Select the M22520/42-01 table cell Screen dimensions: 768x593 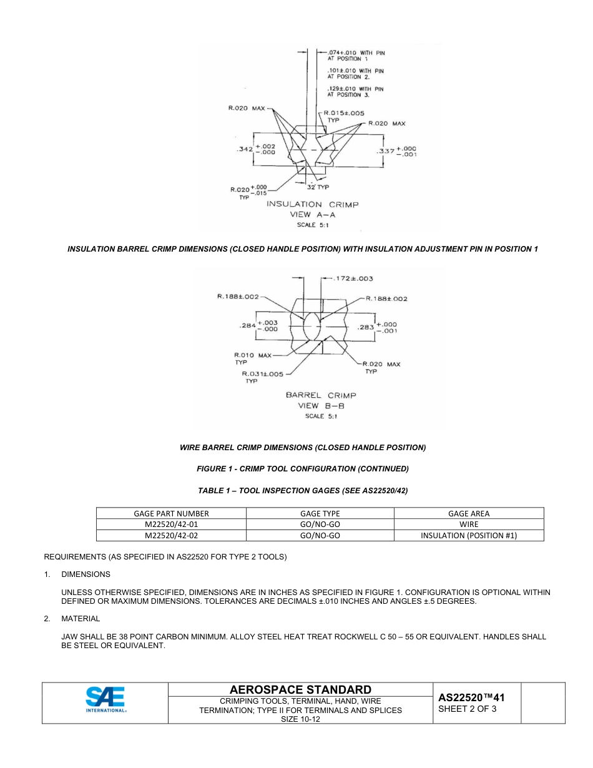pos(171,524)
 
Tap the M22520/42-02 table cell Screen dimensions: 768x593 pos(171,535)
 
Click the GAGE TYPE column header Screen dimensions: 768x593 pos(320,513)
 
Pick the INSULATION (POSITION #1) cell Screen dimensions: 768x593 pos(468,535)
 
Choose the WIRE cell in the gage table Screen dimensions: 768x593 pos(468,524)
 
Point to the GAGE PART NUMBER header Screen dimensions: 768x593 pos(171,513)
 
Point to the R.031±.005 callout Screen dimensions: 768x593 pos(262,374)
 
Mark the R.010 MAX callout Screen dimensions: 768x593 pos(252,355)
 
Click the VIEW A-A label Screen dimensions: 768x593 pos(312,215)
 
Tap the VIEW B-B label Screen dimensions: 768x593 pos(321,406)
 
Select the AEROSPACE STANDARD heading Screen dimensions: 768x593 pos(300,689)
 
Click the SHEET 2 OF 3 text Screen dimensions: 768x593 pos(468,709)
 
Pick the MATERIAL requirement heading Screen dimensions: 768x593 pos(80,619)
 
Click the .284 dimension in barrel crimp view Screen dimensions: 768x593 pos(248,326)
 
